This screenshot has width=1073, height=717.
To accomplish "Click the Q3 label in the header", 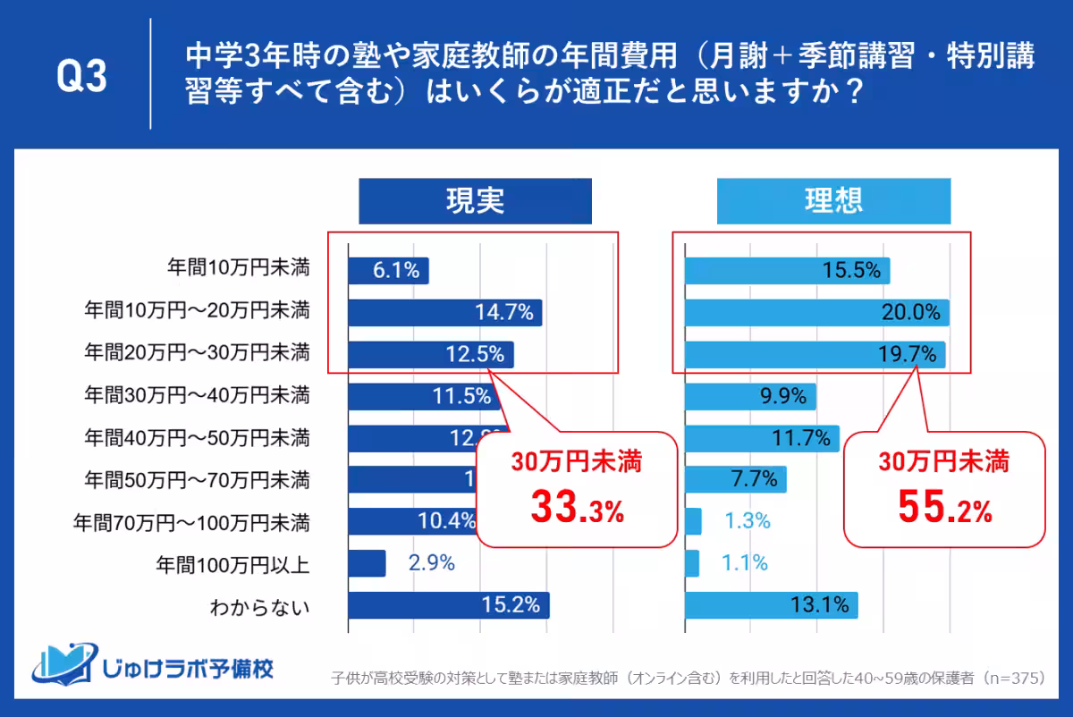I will tap(81, 77).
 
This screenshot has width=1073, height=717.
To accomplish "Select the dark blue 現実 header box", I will tap(475, 201).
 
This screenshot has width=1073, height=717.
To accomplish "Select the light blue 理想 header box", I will tap(832, 201).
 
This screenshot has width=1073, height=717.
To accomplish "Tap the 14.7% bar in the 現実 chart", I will tap(444, 312).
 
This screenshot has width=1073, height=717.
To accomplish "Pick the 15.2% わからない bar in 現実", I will tap(448, 605).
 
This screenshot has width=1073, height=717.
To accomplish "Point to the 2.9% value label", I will tap(432, 563).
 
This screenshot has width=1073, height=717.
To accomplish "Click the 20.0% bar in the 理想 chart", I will tap(816, 312).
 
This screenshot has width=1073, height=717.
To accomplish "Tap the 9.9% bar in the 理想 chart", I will tap(749, 396).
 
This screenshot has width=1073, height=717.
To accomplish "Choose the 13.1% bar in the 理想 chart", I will tap(771, 605).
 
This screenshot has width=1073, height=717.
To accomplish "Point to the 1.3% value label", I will tap(747, 521).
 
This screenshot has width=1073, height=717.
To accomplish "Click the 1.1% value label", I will tap(746, 563).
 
